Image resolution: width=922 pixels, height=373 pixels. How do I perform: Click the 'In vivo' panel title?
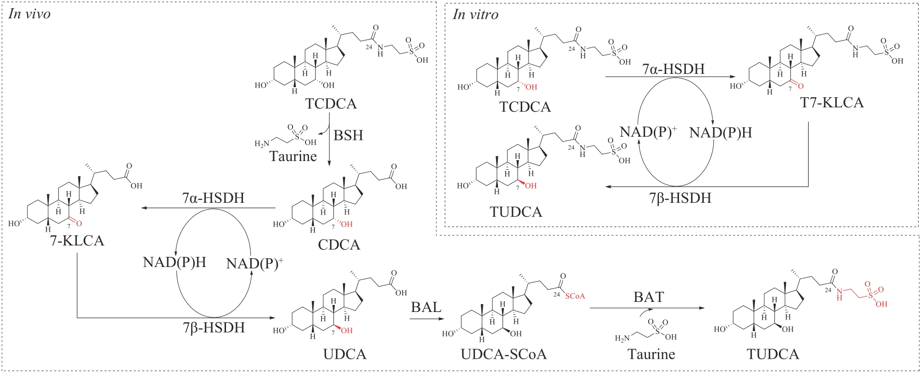coord(29,14)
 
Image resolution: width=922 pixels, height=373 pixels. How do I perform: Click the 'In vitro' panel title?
coord(475,15)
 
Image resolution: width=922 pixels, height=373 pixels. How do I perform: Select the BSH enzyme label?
coord(348,135)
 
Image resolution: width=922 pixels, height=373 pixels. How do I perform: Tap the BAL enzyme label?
coord(426,307)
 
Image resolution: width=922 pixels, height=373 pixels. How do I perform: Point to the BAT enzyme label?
coord(649,297)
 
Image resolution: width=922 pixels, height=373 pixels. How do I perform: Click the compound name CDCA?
coord(339,245)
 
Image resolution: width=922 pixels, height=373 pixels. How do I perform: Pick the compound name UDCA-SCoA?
coord(504,354)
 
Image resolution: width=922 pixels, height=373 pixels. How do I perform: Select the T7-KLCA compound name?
coord(832,102)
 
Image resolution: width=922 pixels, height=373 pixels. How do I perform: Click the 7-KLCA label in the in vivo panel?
coord(77,240)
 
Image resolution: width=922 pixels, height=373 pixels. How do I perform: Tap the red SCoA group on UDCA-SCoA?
coord(575,296)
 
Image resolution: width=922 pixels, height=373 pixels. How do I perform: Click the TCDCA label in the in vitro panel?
coord(525,106)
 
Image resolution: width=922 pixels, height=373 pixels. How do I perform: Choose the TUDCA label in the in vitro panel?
coord(516,212)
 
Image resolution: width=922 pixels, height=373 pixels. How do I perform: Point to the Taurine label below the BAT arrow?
coord(651,354)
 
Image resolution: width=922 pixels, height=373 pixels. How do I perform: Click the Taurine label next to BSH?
coord(293,156)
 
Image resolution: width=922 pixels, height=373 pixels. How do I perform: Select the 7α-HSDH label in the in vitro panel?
coord(673,69)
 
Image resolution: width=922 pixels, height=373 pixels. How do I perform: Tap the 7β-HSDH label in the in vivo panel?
coord(214,328)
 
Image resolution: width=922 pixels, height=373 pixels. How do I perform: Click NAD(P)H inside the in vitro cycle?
coord(721,133)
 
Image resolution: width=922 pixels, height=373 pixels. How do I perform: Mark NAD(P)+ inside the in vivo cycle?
coord(254,263)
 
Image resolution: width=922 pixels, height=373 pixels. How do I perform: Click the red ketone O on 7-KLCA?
coord(79,223)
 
